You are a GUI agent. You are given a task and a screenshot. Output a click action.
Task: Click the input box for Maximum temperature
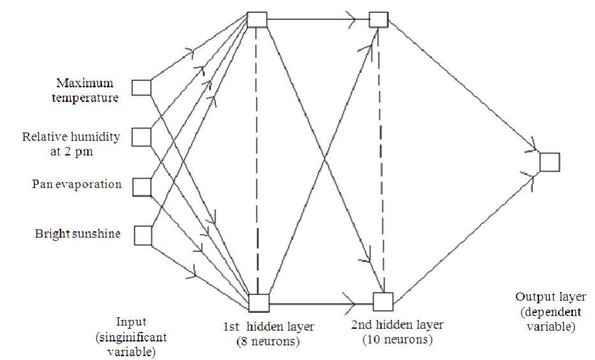(141, 87)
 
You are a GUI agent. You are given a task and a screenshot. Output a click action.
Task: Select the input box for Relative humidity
(141, 137)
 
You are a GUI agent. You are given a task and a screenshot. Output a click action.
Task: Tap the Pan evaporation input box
(142, 187)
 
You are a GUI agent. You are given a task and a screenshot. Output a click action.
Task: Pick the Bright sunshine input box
(143, 235)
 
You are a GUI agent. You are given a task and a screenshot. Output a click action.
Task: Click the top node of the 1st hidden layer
(257, 20)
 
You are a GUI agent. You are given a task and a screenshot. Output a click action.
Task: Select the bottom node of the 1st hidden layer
(259, 303)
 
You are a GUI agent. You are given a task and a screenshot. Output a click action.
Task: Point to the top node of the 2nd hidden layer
(379, 19)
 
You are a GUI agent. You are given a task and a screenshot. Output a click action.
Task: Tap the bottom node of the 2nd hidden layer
(383, 301)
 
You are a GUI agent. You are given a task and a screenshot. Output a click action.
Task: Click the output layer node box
(550, 162)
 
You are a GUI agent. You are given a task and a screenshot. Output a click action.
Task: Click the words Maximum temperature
(85, 90)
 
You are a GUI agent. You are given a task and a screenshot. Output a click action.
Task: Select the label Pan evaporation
(76, 184)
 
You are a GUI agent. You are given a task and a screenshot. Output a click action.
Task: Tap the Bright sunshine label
(78, 233)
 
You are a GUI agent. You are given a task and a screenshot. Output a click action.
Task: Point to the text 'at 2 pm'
(71, 152)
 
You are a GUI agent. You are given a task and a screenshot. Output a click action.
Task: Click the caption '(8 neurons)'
(269, 341)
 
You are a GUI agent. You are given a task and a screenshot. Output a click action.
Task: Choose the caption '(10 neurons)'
(398, 339)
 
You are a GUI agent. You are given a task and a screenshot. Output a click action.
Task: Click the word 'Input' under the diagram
(131, 322)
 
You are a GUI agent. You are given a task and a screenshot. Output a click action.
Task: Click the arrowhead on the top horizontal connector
(351, 19)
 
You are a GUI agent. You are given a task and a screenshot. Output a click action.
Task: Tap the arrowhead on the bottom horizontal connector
(349, 304)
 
